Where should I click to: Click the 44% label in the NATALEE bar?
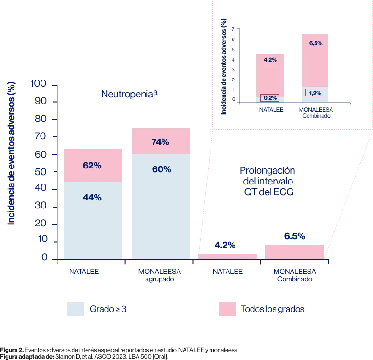pyautogui.click(x=92, y=198)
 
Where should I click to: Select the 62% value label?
pyautogui.click(x=92, y=166)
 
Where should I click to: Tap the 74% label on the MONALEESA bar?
pyautogui.click(x=160, y=142)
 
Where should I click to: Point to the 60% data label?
pyautogui.click(x=161, y=169)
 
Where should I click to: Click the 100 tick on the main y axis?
pyautogui.click(x=39, y=84)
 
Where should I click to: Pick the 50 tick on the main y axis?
pyautogui.click(x=42, y=172)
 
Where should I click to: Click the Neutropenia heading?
pyautogui.click(x=129, y=94)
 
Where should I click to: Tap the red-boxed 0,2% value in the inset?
pyautogui.click(x=270, y=98)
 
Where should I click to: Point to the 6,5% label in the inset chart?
pyautogui.click(x=316, y=43)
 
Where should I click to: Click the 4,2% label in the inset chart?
pyautogui.click(x=270, y=60)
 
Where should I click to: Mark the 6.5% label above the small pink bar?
pyautogui.click(x=294, y=236)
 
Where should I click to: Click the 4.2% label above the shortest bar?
pyautogui.click(x=225, y=245)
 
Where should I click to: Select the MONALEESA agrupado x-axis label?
pyautogui.click(x=160, y=275)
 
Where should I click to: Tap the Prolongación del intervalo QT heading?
pyautogui.click(x=267, y=181)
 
